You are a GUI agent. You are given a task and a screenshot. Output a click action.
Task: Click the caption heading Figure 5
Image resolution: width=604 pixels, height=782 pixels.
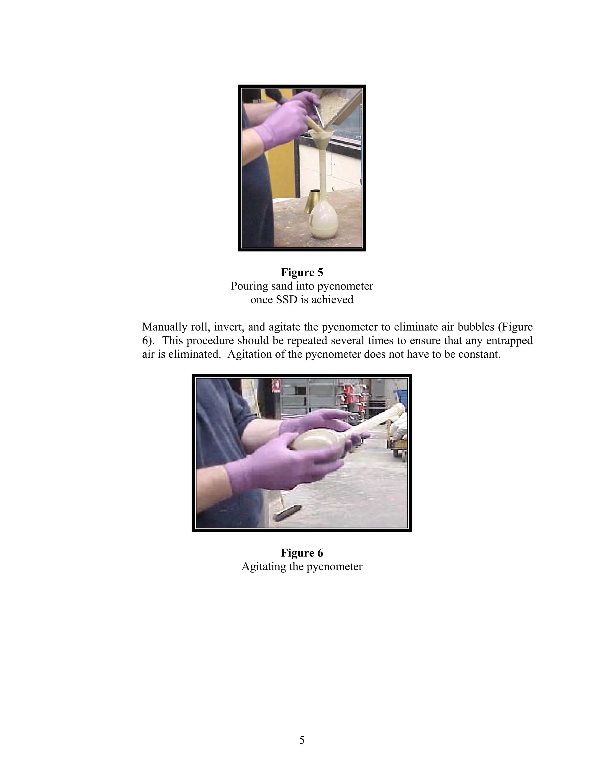pos(302,272)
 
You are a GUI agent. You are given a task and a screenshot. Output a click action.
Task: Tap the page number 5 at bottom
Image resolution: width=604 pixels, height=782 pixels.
pos(302,740)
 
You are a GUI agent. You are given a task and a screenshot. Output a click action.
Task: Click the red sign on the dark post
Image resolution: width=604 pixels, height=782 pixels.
pos(276,386)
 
